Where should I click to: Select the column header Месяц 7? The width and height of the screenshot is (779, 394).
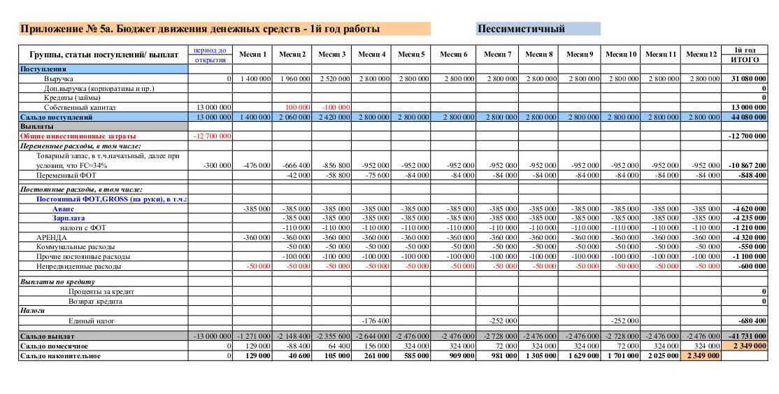pos(497,55)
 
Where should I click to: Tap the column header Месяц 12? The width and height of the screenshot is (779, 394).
pos(701,55)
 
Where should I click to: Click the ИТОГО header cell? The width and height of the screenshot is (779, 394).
pos(745,60)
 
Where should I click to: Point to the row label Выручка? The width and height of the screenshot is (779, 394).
pos(59,79)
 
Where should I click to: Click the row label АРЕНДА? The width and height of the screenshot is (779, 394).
pos(52,237)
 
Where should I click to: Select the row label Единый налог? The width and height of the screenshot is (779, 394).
pos(92,321)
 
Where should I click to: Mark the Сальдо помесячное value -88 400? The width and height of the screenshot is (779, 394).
pos(297,346)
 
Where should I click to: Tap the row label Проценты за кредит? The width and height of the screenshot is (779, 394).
pos(101,291)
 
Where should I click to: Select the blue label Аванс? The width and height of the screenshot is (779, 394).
pos(63,209)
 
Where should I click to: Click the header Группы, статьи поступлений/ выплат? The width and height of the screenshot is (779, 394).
pos(103,55)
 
